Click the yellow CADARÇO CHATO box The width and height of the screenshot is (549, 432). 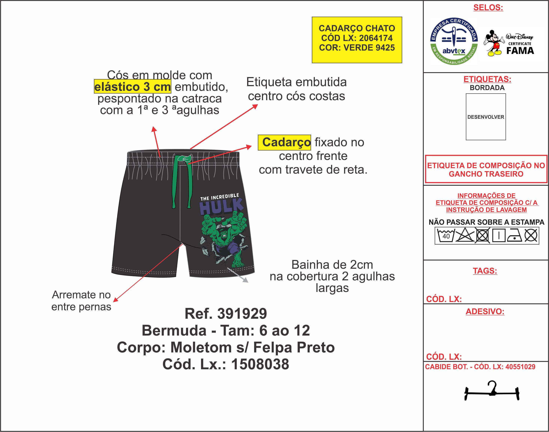coord(357,40)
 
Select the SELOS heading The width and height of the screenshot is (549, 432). coord(488,8)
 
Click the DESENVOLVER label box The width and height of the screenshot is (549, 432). coord(486,117)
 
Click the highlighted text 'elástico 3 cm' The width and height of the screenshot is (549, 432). coord(132,87)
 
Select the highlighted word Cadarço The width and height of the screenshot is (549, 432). coord(284,142)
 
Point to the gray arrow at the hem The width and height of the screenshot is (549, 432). coord(238,275)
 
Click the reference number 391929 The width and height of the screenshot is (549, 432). coord(242,314)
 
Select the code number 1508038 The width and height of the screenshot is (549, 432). coord(260,364)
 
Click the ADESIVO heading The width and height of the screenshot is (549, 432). coord(485,311)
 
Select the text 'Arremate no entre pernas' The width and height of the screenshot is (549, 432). coord(81,301)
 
